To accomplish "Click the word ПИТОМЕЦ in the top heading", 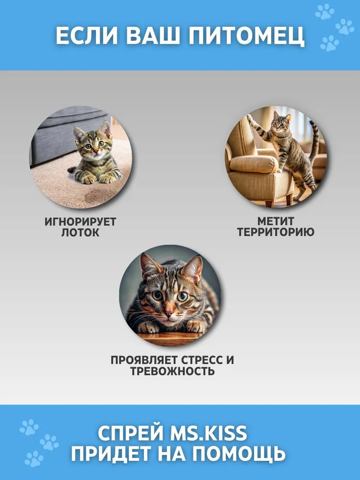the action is tap(246, 36).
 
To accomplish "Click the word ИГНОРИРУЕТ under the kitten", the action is tap(81, 221).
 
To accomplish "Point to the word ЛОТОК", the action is tap(80, 232).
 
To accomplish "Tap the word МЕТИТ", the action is tap(276, 221).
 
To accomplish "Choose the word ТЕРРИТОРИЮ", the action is tap(276, 232).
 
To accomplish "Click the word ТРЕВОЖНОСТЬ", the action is tap(172, 371).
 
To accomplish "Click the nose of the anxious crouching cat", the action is tap(168, 313).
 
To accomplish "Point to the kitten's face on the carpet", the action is tap(93, 144).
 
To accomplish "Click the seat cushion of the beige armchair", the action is tap(253, 164).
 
